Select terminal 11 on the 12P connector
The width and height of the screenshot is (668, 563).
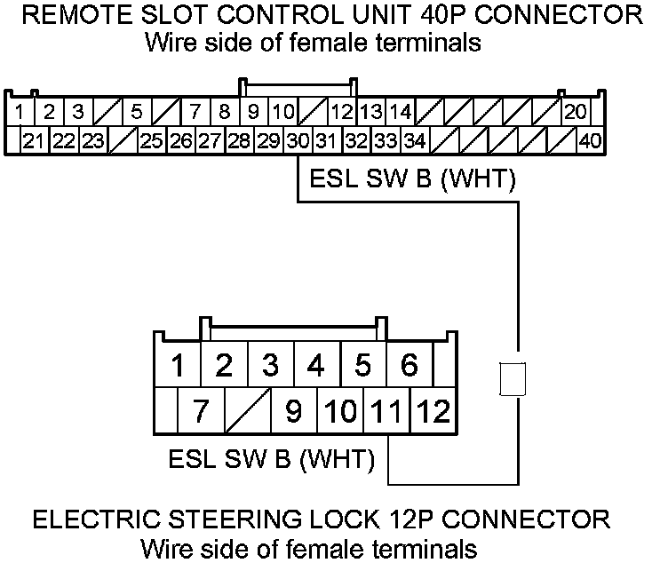(387, 411)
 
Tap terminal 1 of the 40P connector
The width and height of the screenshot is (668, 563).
(20, 112)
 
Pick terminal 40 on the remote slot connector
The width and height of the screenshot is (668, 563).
(589, 140)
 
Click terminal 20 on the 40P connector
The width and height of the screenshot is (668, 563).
(576, 112)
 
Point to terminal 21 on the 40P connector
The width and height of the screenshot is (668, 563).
(34, 140)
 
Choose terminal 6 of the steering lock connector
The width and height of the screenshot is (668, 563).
(410, 364)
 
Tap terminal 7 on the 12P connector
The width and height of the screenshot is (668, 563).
(201, 411)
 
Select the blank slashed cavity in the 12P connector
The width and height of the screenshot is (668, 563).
(247, 411)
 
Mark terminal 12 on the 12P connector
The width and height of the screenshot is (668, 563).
(433, 411)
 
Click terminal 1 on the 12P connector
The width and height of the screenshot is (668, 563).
(178, 364)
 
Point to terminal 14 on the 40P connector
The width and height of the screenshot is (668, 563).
(401, 112)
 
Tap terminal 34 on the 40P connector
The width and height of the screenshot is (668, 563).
(414, 140)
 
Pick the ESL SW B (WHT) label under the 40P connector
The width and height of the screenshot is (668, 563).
(412, 180)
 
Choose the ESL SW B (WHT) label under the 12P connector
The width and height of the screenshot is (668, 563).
(270, 460)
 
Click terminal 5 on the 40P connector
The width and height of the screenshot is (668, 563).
(136, 112)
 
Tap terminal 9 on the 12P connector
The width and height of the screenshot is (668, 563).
(294, 411)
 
